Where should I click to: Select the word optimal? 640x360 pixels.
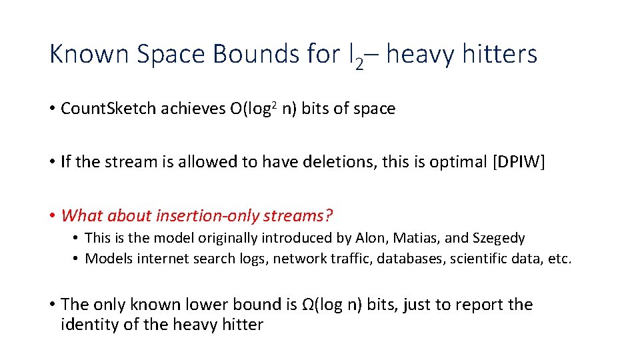tap(453, 162)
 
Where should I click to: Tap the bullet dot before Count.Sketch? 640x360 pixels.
tap(52, 109)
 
